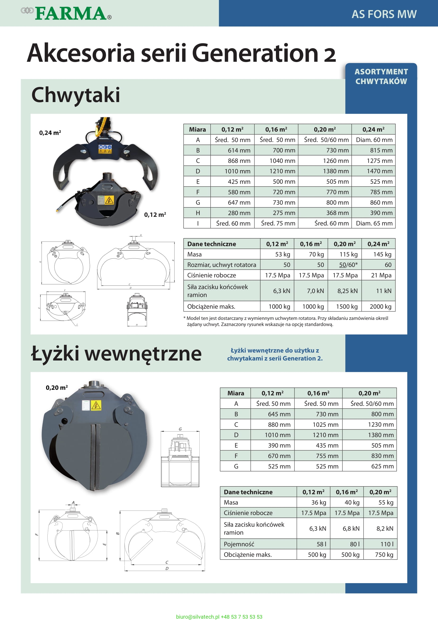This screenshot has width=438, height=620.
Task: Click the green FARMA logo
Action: (71, 14)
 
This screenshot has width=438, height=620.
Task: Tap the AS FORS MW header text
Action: (384, 14)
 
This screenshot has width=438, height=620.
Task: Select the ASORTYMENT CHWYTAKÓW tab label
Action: (381, 76)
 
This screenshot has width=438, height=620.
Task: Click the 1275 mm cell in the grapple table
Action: (379, 161)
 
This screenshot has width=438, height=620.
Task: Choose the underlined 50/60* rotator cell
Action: (348, 265)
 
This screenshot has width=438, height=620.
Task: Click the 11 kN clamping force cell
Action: (383, 291)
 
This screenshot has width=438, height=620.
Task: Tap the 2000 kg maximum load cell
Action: (380, 307)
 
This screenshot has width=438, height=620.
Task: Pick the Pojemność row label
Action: (239, 544)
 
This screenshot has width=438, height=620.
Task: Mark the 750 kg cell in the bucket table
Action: (384, 555)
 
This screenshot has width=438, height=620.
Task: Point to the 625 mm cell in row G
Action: (382, 466)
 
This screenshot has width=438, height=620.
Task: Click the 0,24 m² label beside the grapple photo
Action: (50, 133)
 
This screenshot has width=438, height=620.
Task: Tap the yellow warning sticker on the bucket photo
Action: (96, 405)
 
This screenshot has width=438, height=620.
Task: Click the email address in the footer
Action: (198, 617)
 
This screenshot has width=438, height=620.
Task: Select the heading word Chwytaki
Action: (75, 95)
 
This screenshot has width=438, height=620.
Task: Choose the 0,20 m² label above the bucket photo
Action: (57, 388)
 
